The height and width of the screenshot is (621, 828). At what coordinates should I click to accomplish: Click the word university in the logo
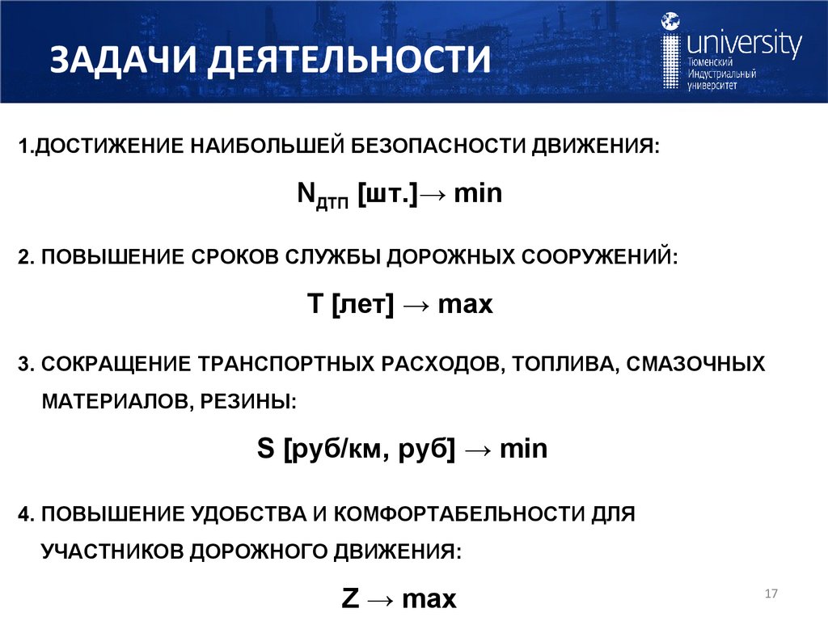(x=744, y=44)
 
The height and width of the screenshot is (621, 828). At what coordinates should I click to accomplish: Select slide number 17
(x=770, y=595)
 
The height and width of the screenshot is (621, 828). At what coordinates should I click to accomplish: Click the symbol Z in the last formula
(x=351, y=599)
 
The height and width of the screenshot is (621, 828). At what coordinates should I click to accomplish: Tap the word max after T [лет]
(x=465, y=305)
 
